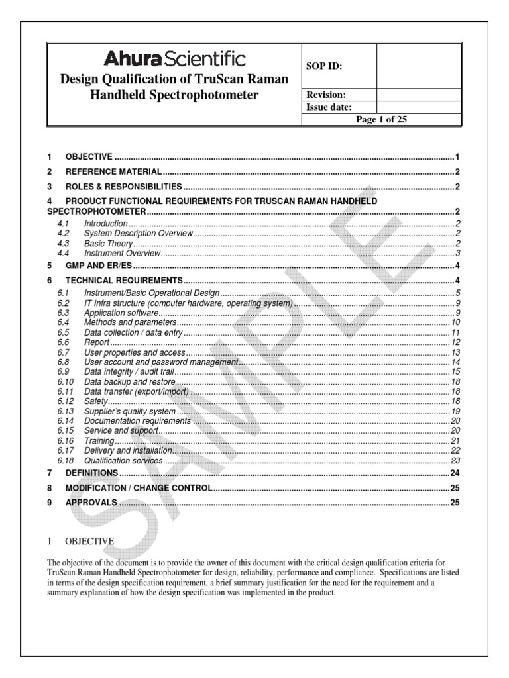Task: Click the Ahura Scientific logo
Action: point(174,60)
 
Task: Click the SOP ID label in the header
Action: point(323,66)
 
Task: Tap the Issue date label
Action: point(328,107)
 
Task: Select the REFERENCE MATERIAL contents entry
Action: point(113,172)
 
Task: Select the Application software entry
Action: point(121,312)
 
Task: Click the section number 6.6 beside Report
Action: point(63,342)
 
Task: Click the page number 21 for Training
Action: point(455,441)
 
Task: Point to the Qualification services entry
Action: point(123,461)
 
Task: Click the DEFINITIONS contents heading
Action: point(91,473)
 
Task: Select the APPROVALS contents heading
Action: point(91,503)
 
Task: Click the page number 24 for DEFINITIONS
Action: point(455,473)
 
